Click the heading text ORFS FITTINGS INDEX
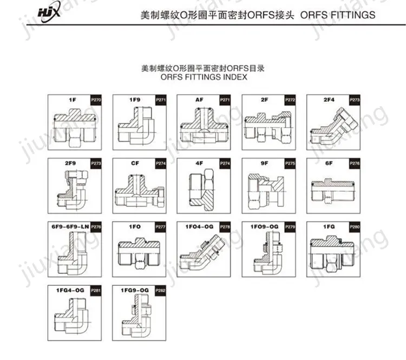pyautogui.click(x=204, y=77)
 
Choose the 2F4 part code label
pyautogui.click(x=329, y=100)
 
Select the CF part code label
pyautogui.click(x=135, y=163)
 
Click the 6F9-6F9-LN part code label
pyautogui.click(x=69, y=226)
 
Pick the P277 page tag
pyautogui.click(x=161, y=227)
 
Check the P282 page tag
pyautogui.click(x=161, y=291)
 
